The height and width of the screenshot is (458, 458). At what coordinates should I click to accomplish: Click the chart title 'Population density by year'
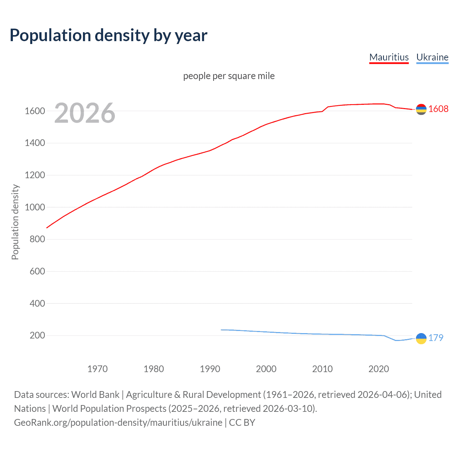pyautogui.click(x=108, y=35)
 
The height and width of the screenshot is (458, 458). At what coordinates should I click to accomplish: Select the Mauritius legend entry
pyautogui.click(x=389, y=57)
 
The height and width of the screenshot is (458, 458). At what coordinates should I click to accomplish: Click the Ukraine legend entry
pyautogui.click(x=432, y=57)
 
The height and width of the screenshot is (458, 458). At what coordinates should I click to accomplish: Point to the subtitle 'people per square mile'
pyautogui.click(x=229, y=76)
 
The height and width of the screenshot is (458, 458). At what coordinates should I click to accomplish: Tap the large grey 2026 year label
pyautogui.click(x=85, y=113)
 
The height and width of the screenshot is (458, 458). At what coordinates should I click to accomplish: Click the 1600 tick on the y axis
pyautogui.click(x=35, y=111)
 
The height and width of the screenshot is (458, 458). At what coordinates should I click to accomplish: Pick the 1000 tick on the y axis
pyautogui.click(x=35, y=207)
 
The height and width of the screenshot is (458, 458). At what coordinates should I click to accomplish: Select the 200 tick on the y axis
pyautogui.click(x=37, y=335)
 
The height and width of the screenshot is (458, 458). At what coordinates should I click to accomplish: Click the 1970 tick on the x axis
pyautogui.click(x=97, y=369)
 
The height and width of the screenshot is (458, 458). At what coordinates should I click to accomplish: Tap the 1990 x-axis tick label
pyautogui.click(x=210, y=369)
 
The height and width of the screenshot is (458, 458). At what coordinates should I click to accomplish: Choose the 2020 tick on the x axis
pyautogui.click(x=379, y=369)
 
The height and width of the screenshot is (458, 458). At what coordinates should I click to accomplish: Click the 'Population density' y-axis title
pyautogui.click(x=15, y=222)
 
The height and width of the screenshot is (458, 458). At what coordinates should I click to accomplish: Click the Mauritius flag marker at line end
pyautogui.click(x=421, y=109)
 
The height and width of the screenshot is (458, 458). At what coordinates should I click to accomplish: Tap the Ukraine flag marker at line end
pyautogui.click(x=421, y=338)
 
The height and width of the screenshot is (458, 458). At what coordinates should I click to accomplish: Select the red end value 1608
pyautogui.click(x=438, y=109)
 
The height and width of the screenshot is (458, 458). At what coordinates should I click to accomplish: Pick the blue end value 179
pyautogui.click(x=436, y=338)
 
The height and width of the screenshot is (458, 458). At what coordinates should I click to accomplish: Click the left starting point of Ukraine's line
pyautogui.click(x=221, y=330)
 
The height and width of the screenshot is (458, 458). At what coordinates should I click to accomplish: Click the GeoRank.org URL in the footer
pyautogui.click(x=118, y=423)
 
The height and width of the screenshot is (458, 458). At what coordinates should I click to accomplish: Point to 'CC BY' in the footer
pyautogui.click(x=242, y=423)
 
